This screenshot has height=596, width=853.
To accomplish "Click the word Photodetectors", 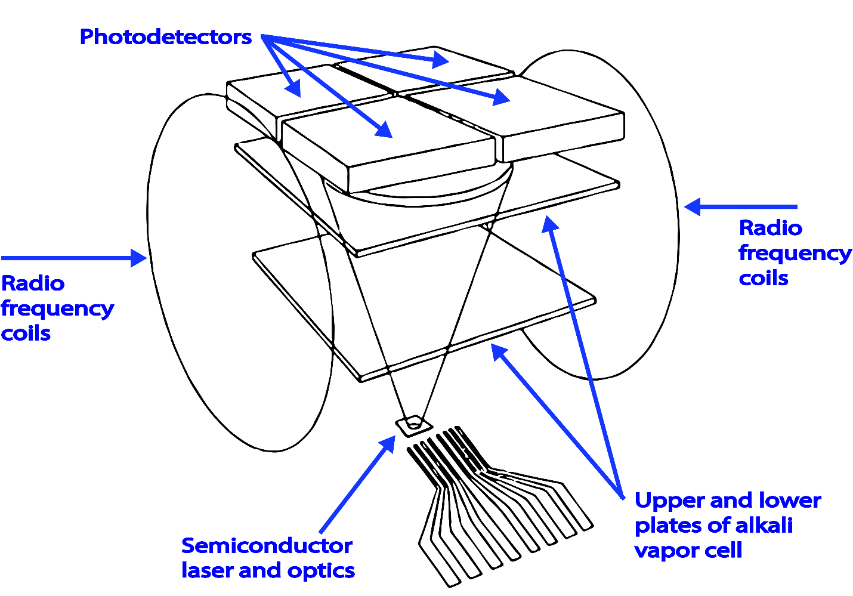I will click(165, 37).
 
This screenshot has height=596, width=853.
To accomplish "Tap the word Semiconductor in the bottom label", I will click(267, 545).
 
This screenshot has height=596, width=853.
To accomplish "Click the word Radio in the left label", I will click(33, 283).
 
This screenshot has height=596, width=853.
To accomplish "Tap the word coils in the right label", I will click(764, 278).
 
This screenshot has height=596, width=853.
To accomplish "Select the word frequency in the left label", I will click(57, 309).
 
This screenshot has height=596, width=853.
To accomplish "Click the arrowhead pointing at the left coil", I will click(140, 258).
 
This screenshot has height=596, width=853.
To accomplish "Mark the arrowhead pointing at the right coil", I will click(692, 207).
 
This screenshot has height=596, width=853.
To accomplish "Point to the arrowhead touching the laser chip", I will click(388, 443).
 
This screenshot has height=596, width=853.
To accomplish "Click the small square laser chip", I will click(413, 425).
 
